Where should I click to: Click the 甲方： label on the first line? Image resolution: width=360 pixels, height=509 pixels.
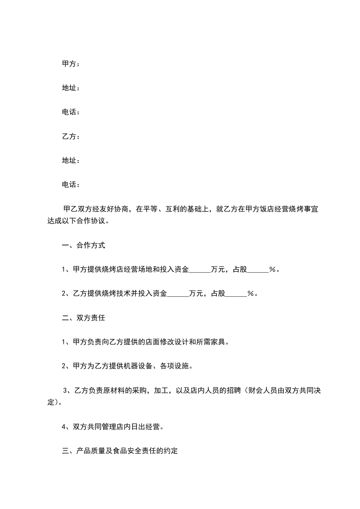click(70, 64)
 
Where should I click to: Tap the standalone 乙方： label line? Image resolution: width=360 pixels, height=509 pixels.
click(70, 136)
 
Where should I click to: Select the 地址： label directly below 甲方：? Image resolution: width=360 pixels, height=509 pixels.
click(70, 88)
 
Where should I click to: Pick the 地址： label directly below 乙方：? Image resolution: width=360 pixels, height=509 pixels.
click(70, 160)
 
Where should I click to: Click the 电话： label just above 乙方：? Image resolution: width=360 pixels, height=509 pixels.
click(70, 112)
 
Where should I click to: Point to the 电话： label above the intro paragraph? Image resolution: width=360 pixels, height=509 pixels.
click(70, 184)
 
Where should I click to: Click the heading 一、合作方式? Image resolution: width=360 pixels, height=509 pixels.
click(83, 245)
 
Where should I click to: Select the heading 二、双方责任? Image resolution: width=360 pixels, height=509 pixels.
click(83, 318)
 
